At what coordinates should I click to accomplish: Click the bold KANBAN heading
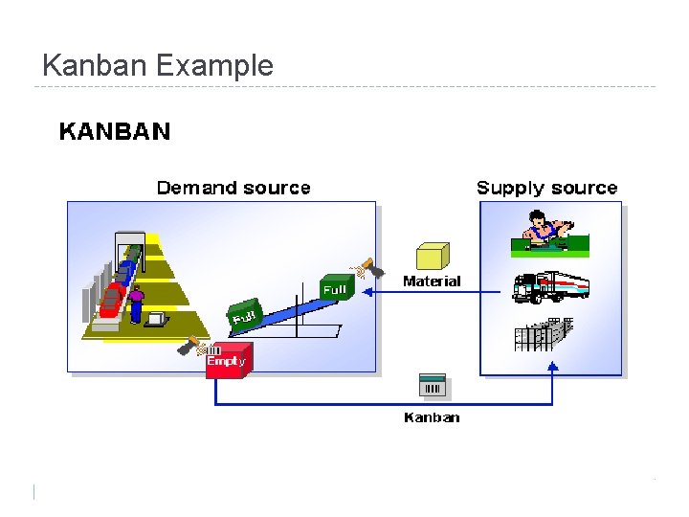[x=115, y=131]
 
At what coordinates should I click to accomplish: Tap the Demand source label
[x=233, y=188]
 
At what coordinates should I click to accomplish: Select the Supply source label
[x=547, y=188]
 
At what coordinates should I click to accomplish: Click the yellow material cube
[x=433, y=256]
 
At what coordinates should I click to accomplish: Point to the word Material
[x=432, y=281]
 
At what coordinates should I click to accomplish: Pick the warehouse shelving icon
[x=543, y=333]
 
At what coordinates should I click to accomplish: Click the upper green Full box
[x=336, y=288]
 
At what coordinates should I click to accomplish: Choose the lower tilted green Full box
[x=244, y=314]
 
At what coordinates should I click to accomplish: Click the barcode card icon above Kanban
[x=433, y=387]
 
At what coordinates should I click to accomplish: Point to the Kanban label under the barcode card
[x=432, y=417]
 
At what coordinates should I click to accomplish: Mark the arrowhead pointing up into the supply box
[x=552, y=369]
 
